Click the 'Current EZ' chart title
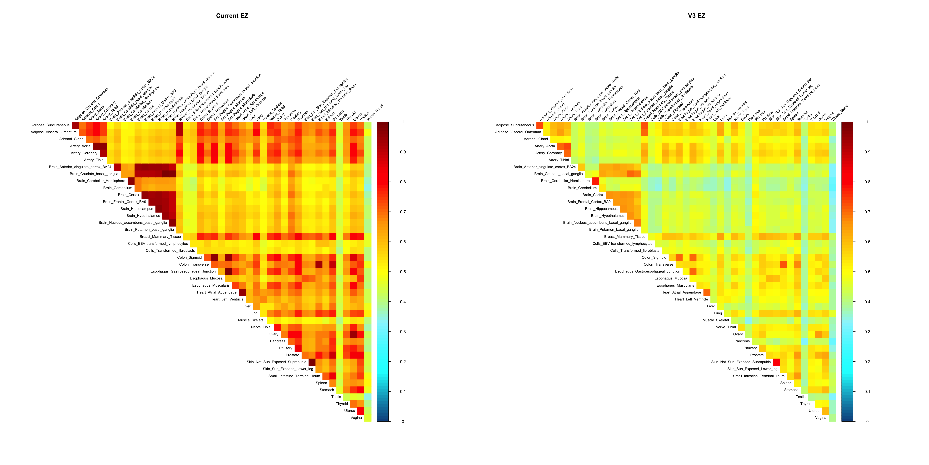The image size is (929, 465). pyautogui.click(x=232, y=15)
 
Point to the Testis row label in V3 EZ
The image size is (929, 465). pyautogui.click(x=800, y=397)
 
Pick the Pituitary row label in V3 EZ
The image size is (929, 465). pyautogui.click(x=750, y=348)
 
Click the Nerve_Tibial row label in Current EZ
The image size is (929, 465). pyautogui.click(x=261, y=327)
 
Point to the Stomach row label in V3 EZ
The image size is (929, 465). pyautogui.click(x=791, y=390)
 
